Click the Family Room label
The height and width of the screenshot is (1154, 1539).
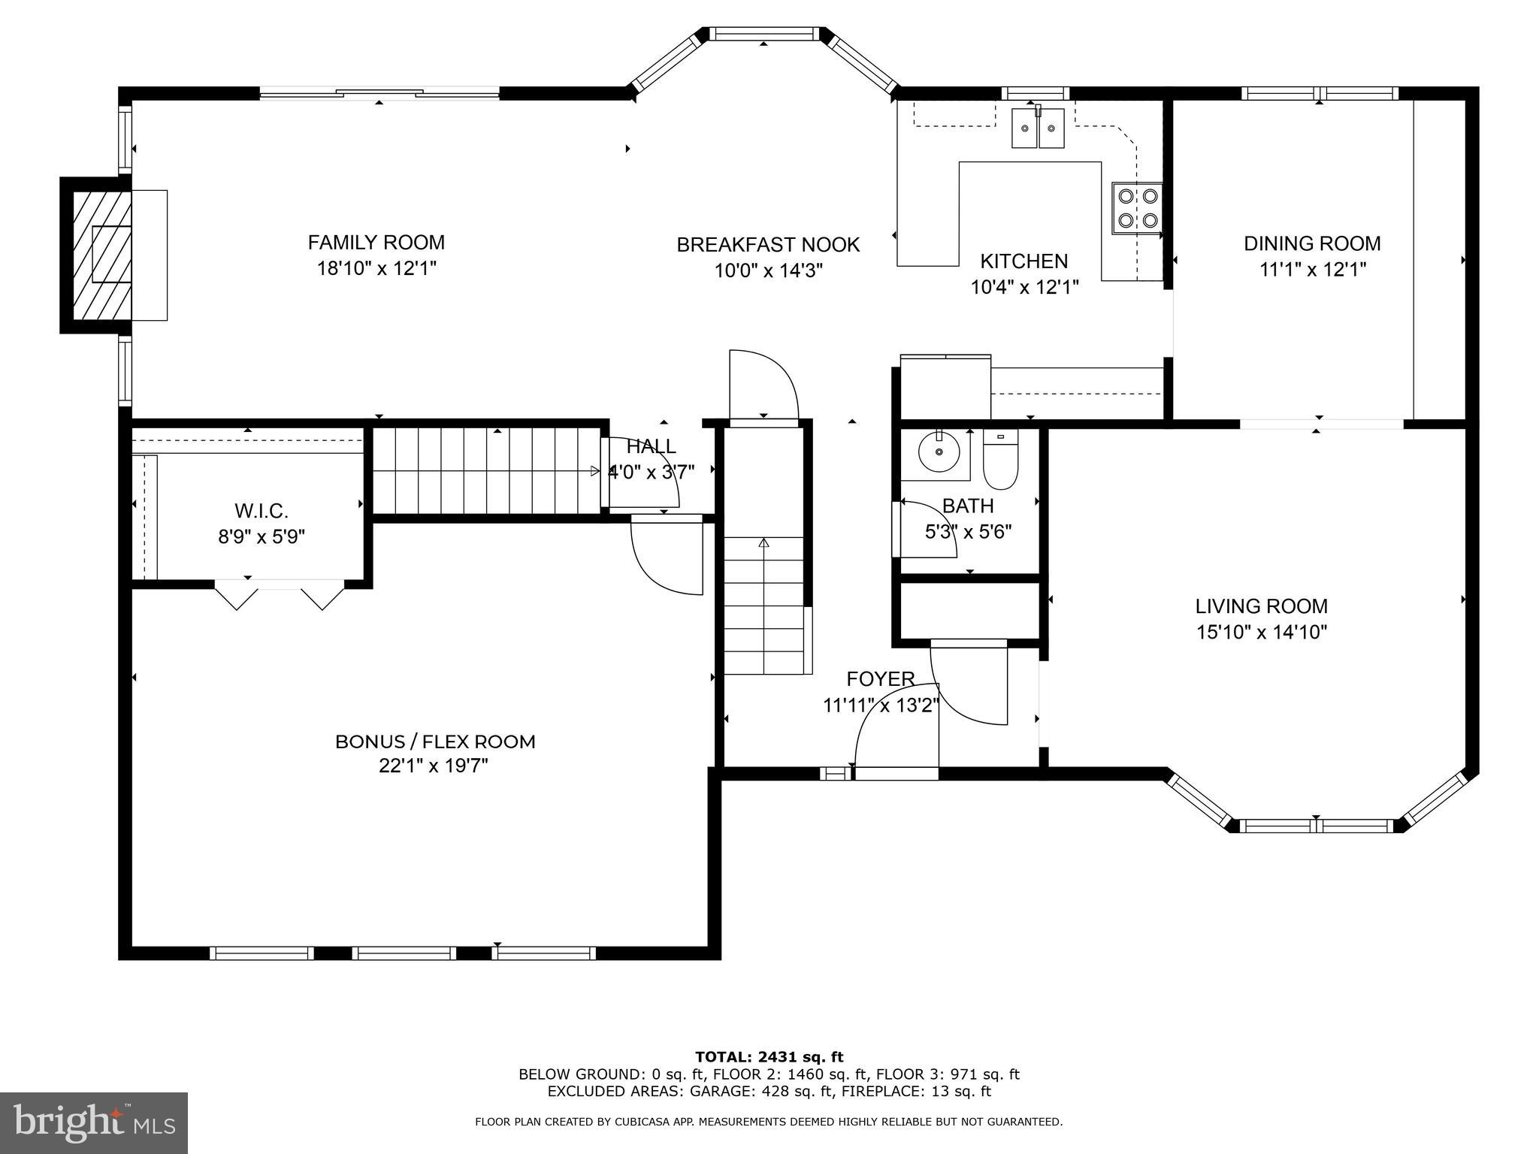376,243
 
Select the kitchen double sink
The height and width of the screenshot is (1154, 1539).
1038,128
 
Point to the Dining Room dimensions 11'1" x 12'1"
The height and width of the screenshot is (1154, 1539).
1312,270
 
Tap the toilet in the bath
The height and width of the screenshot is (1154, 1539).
999,461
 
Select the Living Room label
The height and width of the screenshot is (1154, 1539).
1261,606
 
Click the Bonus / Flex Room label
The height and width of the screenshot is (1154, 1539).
435,742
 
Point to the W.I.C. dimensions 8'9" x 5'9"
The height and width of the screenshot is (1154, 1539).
261,537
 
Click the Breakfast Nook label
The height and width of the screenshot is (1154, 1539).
768,245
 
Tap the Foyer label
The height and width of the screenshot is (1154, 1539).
880,679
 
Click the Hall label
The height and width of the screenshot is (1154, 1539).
651,447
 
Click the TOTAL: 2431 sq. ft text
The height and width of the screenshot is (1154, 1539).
769,1057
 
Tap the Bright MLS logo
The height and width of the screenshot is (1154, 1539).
93,1122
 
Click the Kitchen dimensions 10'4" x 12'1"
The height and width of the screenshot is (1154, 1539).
1024,287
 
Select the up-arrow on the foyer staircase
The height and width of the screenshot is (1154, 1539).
764,543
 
